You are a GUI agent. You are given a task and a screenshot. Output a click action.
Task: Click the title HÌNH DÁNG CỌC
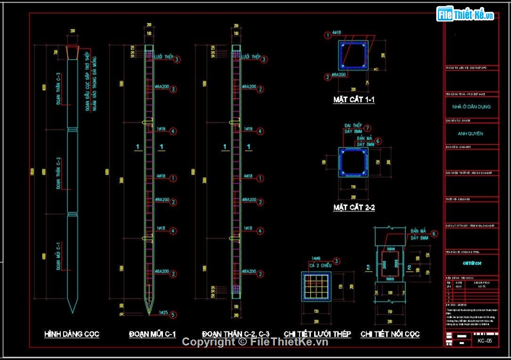pos(72,334)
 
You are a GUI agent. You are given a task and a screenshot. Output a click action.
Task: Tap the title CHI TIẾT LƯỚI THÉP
pos(317,334)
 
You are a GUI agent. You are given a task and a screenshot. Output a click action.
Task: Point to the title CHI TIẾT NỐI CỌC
pos(390,334)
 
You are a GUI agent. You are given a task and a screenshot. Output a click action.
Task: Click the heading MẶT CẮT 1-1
pos(353,100)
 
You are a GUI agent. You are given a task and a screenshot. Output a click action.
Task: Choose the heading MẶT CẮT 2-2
pos(354,208)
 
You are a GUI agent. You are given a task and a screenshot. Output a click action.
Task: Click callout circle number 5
pos(173,314)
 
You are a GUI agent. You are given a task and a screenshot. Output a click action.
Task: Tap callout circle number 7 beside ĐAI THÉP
pos(367,128)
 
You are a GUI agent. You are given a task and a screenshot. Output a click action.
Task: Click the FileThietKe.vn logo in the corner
pos(466,15)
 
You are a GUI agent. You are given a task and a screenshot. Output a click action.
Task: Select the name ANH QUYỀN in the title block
pos(470,133)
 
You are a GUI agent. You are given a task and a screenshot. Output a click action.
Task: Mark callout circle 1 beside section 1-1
pos(327,36)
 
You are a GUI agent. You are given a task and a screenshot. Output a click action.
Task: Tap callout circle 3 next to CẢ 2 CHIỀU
pos(337,261)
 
